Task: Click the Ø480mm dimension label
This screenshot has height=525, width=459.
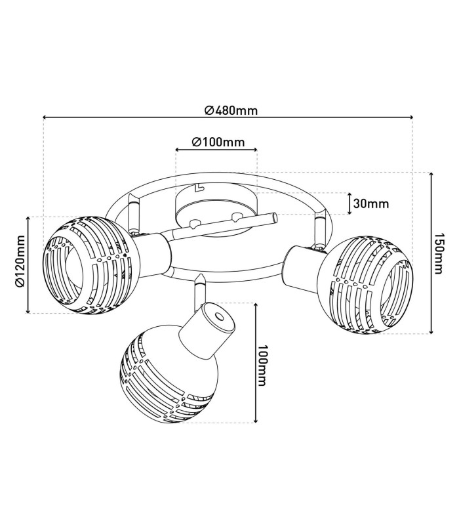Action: click(231, 110)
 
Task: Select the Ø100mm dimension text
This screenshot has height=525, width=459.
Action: click(218, 142)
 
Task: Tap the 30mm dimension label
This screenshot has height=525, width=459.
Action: click(371, 203)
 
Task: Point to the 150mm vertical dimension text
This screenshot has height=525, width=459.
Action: click(437, 253)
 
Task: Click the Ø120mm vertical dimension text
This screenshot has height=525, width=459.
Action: click(20, 261)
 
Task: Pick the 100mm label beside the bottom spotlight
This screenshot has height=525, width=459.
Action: click(263, 366)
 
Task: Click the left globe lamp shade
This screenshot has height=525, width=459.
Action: click(91, 265)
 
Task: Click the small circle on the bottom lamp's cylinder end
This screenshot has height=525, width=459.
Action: click(220, 317)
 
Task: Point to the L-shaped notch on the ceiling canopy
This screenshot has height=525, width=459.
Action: click(199, 188)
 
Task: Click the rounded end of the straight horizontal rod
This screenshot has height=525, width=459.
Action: click(275, 219)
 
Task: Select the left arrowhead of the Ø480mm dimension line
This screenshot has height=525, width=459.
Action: click(45, 117)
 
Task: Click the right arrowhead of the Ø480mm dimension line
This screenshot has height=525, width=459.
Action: click(410, 117)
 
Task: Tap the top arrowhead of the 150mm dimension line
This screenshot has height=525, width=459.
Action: click(431, 175)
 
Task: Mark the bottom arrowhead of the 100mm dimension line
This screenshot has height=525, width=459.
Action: click(256, 420)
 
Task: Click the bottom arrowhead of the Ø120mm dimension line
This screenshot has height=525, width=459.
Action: click(28, 311)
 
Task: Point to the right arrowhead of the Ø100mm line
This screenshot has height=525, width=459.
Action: click(255, 150)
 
